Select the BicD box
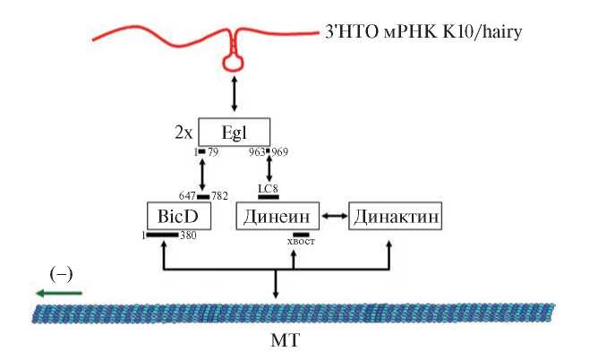[x=171, y=217]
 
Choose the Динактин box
[x=397, y=217]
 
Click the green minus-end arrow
[x=58, y=292]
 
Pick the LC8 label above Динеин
[x=268, y=188]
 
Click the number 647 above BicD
[x=187, y=195]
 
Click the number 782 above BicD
[x=220, y=195]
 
